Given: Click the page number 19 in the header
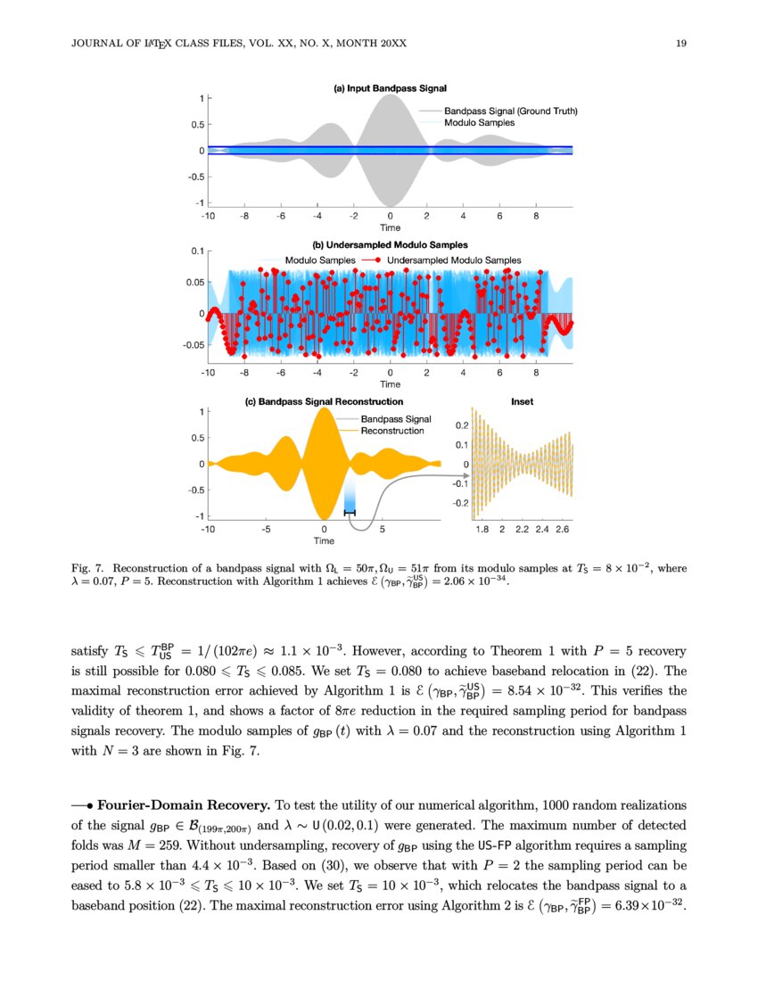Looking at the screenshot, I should point(681,44).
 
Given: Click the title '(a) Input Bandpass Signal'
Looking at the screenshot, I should point(390,88).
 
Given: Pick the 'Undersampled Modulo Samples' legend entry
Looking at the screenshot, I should point(454,260).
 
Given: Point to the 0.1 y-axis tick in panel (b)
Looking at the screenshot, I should point(197,251).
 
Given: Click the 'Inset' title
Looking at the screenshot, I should point(522,401).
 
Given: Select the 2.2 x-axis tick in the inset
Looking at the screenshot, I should point(523,530).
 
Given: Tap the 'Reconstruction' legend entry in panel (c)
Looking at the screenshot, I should point(391,431).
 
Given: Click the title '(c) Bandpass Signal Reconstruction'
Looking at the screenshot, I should point(324,401).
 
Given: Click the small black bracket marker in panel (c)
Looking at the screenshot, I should point(350,512).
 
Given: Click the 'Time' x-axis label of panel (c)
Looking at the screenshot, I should point(324,540).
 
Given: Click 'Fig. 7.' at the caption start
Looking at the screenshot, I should point(88,567).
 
